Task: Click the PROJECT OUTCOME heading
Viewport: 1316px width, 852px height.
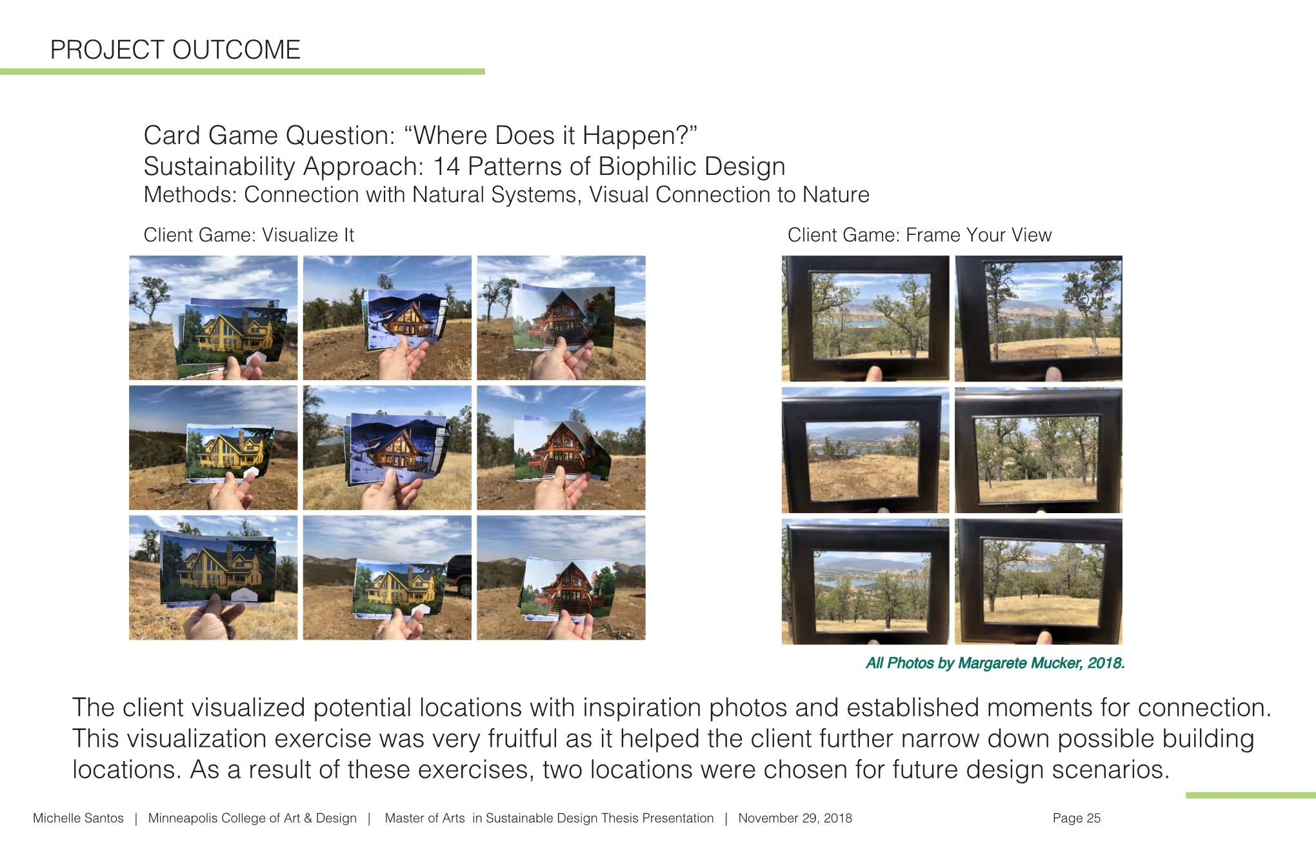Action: (175, 50)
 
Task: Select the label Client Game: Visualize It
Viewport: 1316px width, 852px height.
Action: (248, 235)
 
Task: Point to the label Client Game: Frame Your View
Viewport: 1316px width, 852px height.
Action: (919, 235)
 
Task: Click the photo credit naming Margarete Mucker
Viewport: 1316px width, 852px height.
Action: (995, 663)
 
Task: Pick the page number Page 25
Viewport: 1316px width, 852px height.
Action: (1076, 818)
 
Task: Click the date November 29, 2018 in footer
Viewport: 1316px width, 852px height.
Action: (795, 818)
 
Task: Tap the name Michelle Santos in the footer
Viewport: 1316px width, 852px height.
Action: (78, 818)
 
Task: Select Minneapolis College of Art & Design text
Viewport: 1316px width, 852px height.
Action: (252, 818)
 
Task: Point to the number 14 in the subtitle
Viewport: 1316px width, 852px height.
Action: (446, 167)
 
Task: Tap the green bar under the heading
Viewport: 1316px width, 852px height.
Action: (242, 72)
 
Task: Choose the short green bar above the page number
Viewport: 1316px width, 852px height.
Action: (1250, 795)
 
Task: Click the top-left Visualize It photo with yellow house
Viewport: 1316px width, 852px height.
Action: (213, 318)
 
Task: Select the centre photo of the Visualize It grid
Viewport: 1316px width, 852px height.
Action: (387, 448)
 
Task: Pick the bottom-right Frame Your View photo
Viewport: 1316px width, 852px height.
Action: (1039, 581)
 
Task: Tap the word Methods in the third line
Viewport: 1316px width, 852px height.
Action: (190, 195)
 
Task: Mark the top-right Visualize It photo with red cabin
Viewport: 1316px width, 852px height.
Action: (561, 318)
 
